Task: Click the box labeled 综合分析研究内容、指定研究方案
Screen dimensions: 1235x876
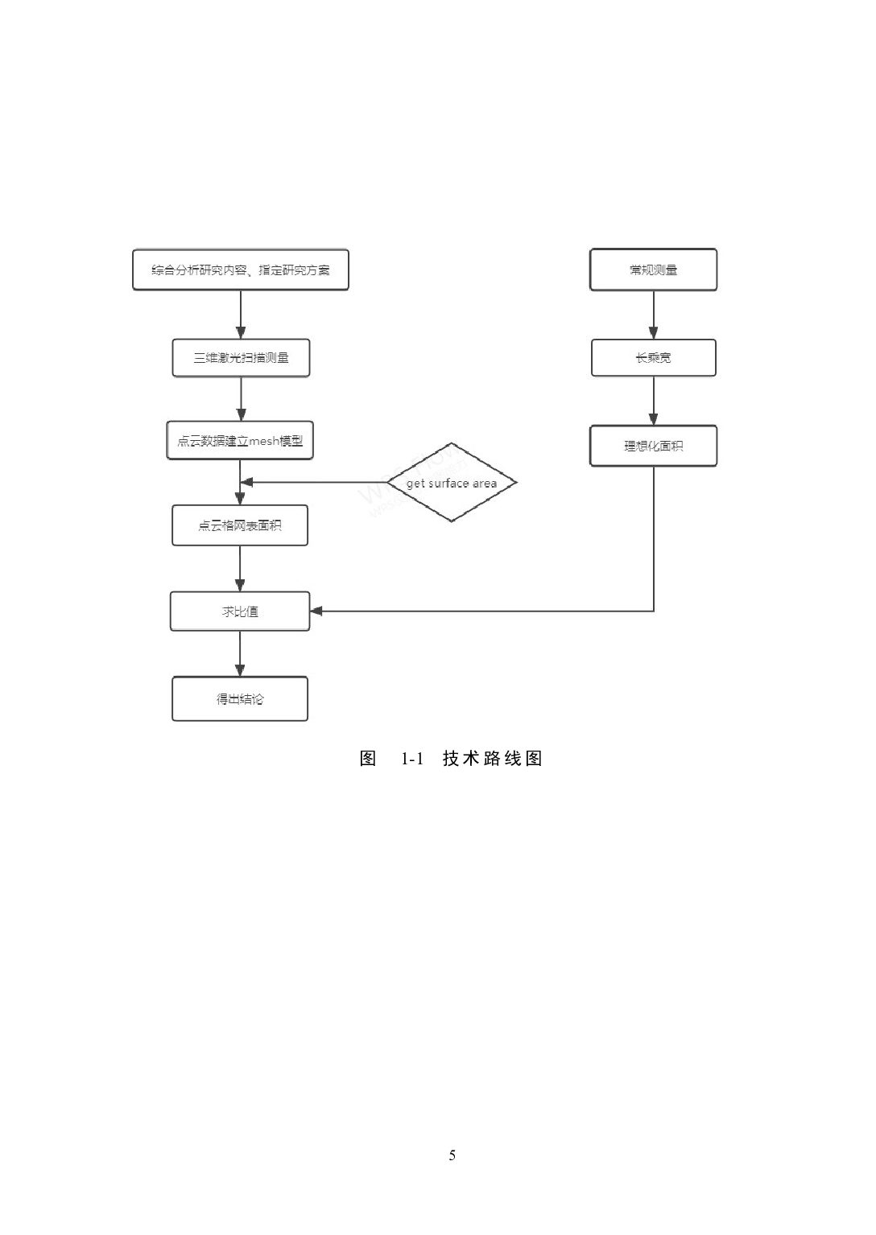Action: click(240, 270)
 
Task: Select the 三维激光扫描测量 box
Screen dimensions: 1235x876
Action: click(241, 358)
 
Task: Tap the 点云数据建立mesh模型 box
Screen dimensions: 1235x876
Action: click(240, 441)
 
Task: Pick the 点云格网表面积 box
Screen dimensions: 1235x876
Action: click(240, 526)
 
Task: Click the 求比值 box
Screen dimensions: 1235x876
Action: click(240, 611)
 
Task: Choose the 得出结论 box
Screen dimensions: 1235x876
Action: click(240, 699)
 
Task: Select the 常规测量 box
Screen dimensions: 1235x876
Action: click(653, 270)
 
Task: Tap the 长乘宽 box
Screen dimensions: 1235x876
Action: click(653, 358)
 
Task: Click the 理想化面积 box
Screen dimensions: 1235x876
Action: click(653, 446)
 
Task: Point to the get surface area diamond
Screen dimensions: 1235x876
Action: click(452, 483)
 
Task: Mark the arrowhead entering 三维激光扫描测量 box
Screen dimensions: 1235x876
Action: click(241, 332)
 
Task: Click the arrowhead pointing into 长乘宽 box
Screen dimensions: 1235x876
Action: click(653, 332)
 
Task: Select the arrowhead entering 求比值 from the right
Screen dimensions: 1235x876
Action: click(316, 611)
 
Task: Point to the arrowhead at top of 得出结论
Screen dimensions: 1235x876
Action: click(240, 669)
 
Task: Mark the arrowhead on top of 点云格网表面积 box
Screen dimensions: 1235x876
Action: click(240, 499)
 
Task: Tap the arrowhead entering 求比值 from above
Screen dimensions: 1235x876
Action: click(240, 585)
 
